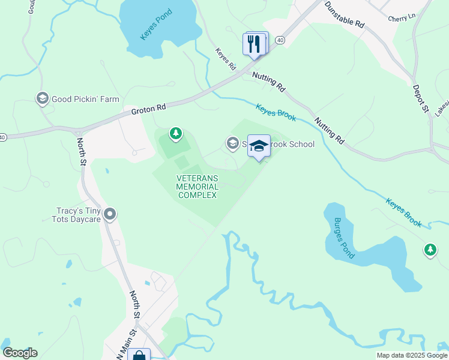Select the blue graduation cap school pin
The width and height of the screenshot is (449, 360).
click(259, 146)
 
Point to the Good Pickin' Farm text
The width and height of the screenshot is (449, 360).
click(85, 99)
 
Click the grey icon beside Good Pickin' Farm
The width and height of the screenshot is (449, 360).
click(42, 98)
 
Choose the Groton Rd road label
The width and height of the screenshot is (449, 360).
click(148, 108)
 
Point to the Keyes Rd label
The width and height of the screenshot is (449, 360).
click(226, 60)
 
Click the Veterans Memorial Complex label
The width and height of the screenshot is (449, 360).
click(197, 186)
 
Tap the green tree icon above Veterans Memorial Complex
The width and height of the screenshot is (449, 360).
click(175, 133)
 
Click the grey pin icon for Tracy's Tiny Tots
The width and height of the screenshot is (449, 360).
click(109, 214)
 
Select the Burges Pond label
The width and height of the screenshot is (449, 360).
click(345, 238)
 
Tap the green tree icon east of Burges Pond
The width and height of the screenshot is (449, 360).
click(430, 250)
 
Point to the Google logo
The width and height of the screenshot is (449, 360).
click(20, 353)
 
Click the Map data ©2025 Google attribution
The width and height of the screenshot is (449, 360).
click(412, 355)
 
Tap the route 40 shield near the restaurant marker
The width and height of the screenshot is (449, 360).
click(280, 40)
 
